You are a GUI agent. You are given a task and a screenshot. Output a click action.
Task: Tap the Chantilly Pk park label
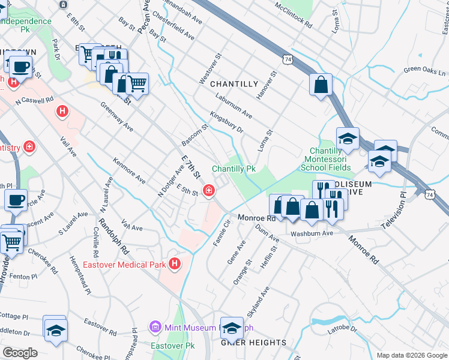coord(234,169)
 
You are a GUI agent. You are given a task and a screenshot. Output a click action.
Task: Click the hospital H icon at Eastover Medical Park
coord(174,263)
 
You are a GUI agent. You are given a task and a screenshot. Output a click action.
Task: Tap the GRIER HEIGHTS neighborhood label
coord(254,343)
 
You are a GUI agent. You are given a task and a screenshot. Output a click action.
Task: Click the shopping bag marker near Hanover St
coord(321,85)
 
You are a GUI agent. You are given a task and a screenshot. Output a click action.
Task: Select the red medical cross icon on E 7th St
coord(208,191)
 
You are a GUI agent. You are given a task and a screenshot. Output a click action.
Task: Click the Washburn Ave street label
coord(312,233)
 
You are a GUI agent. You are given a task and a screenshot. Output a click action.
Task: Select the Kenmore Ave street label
coord(129,171)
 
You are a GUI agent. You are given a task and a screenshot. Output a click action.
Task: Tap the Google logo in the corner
coord(20,353)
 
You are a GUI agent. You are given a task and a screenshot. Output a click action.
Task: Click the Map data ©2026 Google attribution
coord(411,355)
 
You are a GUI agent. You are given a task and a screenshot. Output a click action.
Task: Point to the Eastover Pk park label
coord(170,346)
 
